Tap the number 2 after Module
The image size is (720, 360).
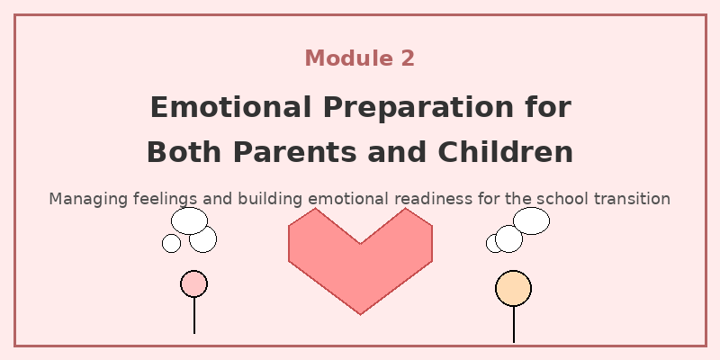[x=407, y=58]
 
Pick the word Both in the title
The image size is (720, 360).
[x=183, y=152]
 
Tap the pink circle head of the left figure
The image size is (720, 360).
[x=193, y=283]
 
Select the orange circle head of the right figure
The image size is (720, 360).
[x=513, y=288]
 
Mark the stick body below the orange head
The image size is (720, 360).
[x=513, y=324]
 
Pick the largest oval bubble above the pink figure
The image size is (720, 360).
[x=189, y=220]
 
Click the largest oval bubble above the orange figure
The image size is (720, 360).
[x=531, y=220]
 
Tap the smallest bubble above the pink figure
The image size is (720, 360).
[x=171, y=243]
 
